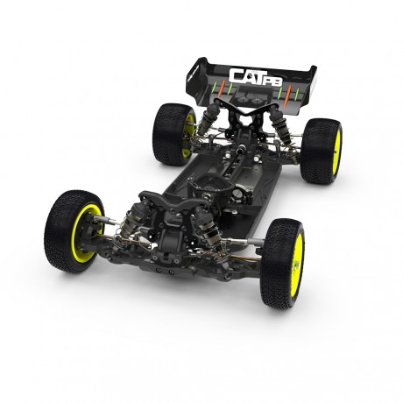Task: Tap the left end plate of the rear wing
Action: pyautogui.click(x=198, y=74)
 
